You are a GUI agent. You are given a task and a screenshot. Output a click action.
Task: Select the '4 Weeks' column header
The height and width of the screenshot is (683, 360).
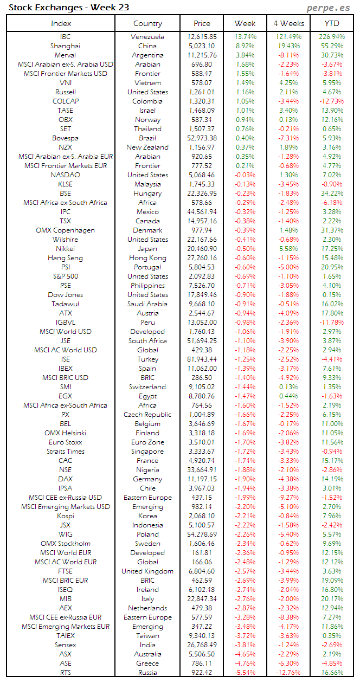288,23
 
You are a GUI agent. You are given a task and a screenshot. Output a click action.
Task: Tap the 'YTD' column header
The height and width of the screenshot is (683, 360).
332,23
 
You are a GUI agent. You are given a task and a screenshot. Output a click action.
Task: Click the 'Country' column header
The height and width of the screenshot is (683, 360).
147,23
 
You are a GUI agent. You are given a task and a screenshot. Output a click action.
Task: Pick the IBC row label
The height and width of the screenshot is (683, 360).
65,37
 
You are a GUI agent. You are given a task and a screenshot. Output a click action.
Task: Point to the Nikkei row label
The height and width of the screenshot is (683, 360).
65,249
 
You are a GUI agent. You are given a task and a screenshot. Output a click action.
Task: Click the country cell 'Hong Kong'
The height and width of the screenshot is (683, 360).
147,258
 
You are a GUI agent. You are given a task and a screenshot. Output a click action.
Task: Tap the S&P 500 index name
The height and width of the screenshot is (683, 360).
65,276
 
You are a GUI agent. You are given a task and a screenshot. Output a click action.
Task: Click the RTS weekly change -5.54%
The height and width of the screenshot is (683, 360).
246,673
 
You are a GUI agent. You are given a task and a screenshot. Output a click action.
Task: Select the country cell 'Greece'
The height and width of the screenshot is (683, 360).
147,663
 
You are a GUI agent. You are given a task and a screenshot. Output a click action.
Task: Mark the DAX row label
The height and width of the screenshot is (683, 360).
65,479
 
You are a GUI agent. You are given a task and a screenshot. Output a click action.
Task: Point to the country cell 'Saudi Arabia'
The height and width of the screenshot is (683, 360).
147,304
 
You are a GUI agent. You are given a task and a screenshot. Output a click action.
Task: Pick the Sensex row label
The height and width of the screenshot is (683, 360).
65,645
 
